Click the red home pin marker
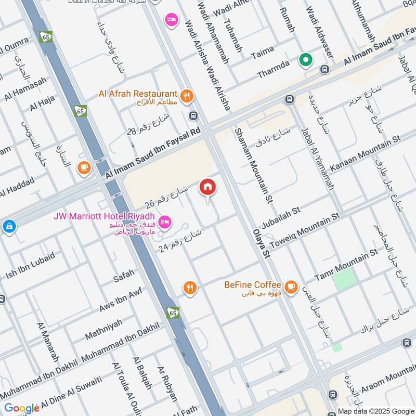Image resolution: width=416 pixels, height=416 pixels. coord(207,187)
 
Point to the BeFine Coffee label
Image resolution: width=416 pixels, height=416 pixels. coord(253,285)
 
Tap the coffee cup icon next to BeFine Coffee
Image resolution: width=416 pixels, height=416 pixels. coord(291,287)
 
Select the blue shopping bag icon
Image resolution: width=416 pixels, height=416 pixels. coord(8,226)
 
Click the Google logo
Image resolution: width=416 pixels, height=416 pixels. coord(22,408)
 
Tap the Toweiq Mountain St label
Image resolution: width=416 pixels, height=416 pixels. coord(304,229)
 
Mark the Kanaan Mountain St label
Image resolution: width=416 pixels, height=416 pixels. coord(366,152)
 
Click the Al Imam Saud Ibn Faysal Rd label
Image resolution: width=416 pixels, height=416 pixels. coord(153,155)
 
